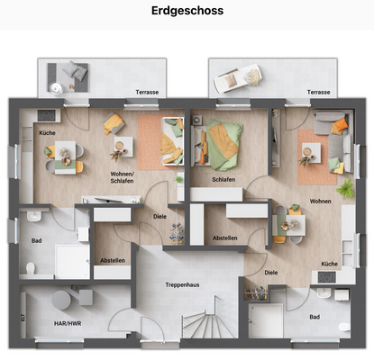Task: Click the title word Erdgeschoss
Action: pyautogui.click(x=187, y=12)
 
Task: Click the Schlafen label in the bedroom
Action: pyautogui.click(x=223, y=179)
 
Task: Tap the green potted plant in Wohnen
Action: pyautogui.click(x=344, y=189)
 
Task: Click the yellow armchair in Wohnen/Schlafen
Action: pyautogui.click(x=113, y=124)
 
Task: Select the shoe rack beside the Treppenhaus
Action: pyautogui.click(x=256, y=293)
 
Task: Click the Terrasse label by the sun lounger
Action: pyautogui.click(x=317, y=92)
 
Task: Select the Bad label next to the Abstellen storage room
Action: pyautogui.click(x=36, y=240)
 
